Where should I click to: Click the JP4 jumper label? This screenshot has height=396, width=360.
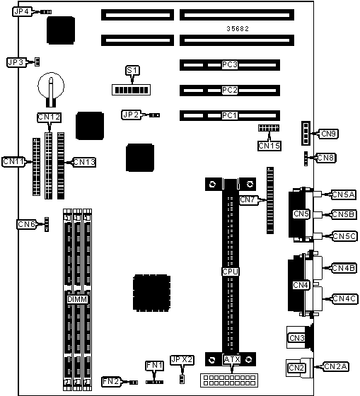point(22,11)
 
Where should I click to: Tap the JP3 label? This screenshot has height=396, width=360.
point(16,62)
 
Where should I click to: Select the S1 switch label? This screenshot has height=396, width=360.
point(133,70)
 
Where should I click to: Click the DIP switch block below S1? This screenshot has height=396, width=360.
point(131,90)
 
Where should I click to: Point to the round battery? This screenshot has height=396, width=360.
point(51,86)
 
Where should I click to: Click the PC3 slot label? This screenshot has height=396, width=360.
point(230,65)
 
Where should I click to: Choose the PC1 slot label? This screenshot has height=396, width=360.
point(230,116)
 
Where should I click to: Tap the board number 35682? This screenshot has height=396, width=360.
point(238,29)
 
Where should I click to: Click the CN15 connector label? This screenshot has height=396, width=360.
point(269,146)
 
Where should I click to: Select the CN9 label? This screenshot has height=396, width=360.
point(328,134)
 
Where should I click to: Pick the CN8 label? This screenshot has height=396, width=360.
point(325,158)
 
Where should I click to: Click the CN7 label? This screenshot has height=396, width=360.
point(248,199)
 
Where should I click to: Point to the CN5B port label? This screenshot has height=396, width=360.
point(344,214)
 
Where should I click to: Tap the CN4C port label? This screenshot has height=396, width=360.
point(344,298)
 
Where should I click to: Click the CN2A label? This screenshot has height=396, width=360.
point(336,366)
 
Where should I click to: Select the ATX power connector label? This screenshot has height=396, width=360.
point(232,359)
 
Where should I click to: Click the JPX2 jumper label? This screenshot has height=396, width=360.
point(182,360)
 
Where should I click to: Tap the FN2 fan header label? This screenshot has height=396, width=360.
point(111,381)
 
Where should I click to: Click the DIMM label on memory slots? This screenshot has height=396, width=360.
point(77,300)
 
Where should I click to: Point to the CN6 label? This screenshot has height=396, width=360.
point(27,224)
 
